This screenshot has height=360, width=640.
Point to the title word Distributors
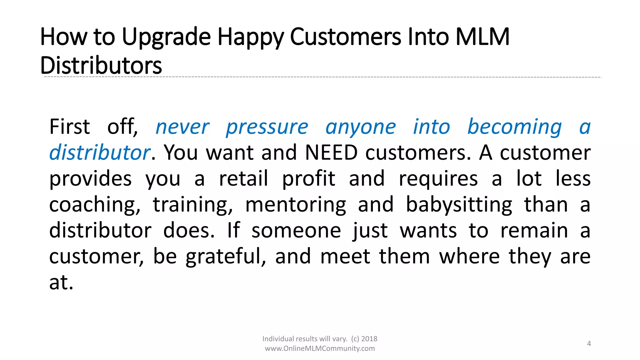[101, 66]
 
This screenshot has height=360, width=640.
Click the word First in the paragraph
[70, 127]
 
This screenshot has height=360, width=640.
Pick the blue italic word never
[182, 127]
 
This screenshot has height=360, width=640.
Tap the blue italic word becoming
[514, 127]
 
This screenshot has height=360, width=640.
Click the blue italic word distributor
[100, 153]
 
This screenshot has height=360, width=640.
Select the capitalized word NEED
[331, 153]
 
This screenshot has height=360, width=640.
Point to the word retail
[243, 179]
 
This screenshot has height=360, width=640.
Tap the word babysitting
[459, 205]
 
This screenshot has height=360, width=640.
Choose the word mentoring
[296, 205]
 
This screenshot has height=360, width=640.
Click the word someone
[296, 231]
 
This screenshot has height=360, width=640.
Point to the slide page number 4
[589, 344]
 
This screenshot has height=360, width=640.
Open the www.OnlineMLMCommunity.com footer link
[320, 349]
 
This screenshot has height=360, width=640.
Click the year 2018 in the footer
[369, 339]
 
